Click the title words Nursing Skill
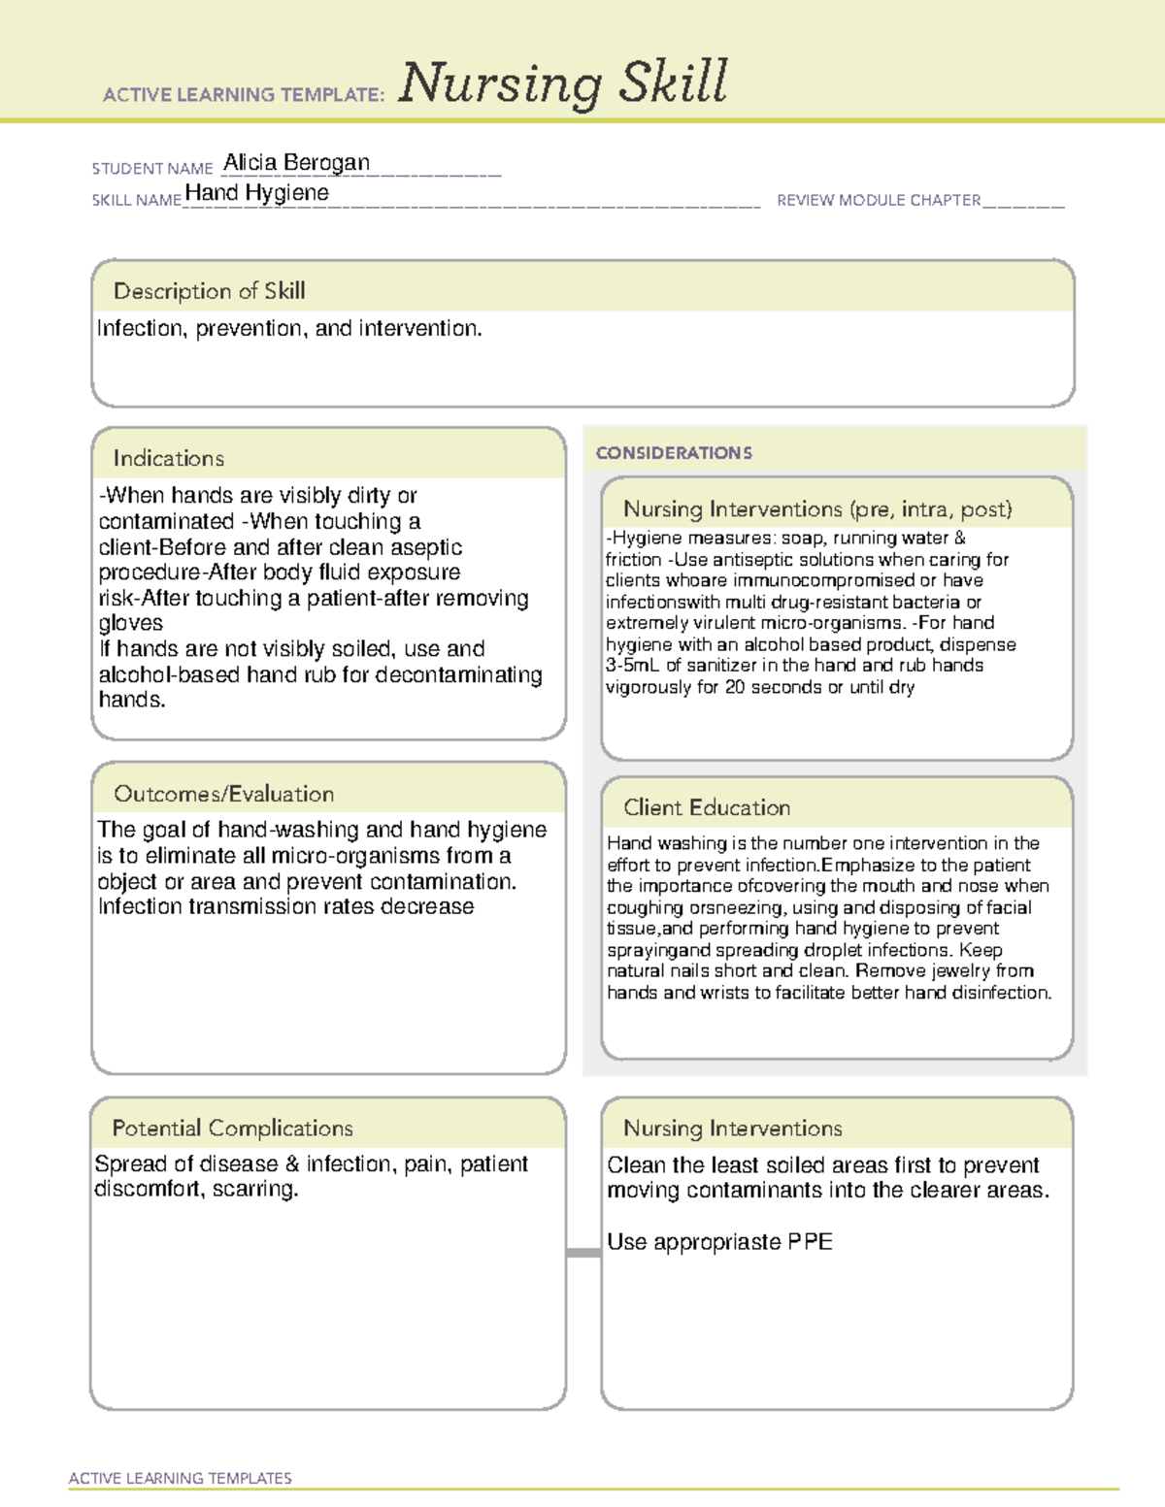[562, 82]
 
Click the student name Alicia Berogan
[296, 163]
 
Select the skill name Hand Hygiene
[256, 193]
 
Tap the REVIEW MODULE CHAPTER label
[879, 200]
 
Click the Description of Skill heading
[209, 291]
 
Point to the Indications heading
[168, 458]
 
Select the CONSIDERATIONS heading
[674, 453]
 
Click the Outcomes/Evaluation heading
[223, 794]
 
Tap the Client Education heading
[707, 807]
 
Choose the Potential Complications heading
[232, 1128]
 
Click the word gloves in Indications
[130, 623]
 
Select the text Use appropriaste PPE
[719, 1242]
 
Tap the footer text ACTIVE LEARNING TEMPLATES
[180, 1478]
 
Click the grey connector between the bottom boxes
[583, 1253]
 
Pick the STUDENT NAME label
[152, 169]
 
